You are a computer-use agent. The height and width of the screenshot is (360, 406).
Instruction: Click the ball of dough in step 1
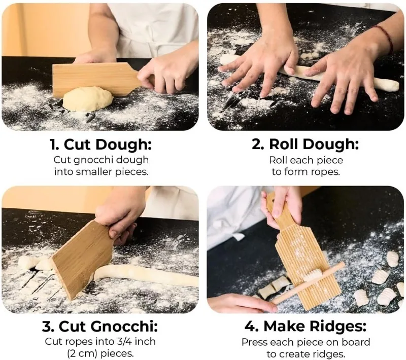pos(87,98)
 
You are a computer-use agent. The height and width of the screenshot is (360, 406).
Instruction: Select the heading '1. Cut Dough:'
pos(100,145)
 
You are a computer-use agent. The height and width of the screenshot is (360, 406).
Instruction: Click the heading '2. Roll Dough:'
pos(306,145)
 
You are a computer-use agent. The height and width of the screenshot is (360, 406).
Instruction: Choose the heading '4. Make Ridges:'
pos(306,326)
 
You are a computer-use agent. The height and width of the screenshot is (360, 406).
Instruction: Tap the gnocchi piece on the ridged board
pos(313,274)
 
